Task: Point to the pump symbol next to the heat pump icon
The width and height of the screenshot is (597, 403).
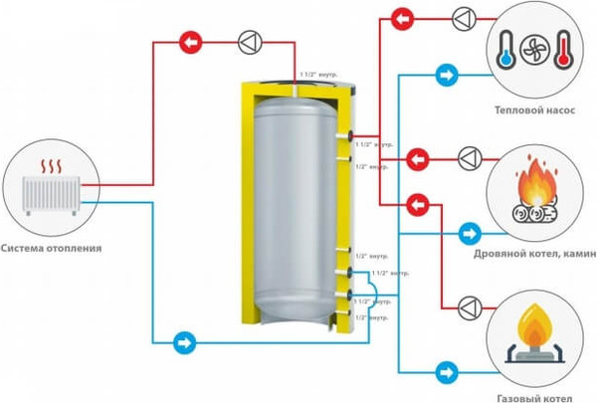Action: pos(465,18)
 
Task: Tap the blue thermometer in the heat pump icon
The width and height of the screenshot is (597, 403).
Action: pos(507,47)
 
